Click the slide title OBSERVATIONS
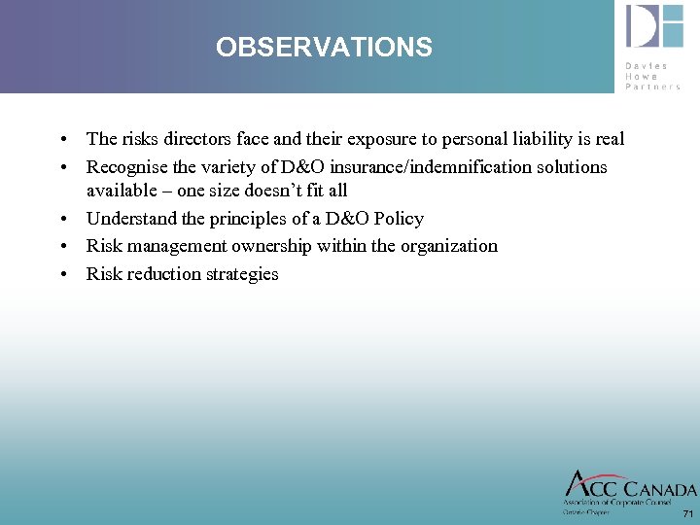[324, 47]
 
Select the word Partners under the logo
[653, 87]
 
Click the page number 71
[687, 513]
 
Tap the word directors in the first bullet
[193, 139]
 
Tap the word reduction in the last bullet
[161, 274]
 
